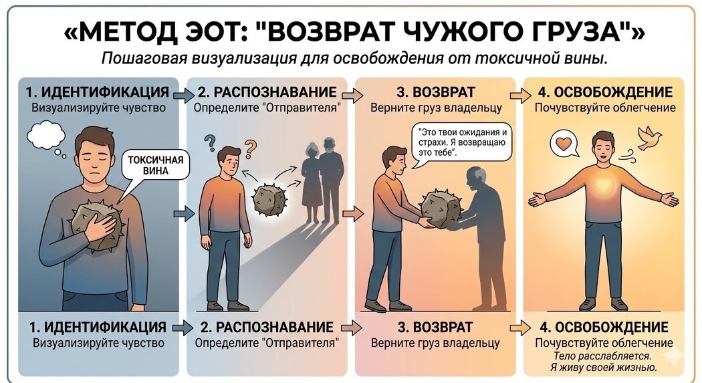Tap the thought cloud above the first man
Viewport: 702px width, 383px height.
tap(47, 136)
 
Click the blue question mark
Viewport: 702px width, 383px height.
tap(209, 143)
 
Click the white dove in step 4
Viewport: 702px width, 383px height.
tap(649, 138)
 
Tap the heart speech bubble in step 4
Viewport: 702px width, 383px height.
tap(564, 143)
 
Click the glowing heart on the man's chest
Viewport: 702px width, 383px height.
tap(604, 184)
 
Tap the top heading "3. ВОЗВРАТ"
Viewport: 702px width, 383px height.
tap(436, 92)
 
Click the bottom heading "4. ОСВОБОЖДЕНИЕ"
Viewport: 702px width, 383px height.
tap(604, 327)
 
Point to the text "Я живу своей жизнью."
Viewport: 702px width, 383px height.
tap(604, 368)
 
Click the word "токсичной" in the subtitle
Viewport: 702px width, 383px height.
tap(517, 59)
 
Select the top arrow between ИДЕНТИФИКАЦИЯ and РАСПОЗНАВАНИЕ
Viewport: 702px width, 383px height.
tap(183, 95)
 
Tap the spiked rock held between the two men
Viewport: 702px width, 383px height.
tap(441, 209)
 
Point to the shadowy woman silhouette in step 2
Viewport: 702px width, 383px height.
tap(310, 183)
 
